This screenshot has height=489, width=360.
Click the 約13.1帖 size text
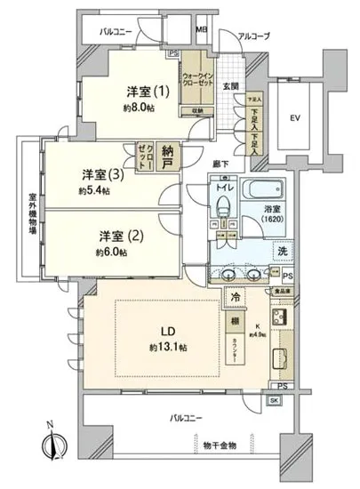point(168,345)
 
